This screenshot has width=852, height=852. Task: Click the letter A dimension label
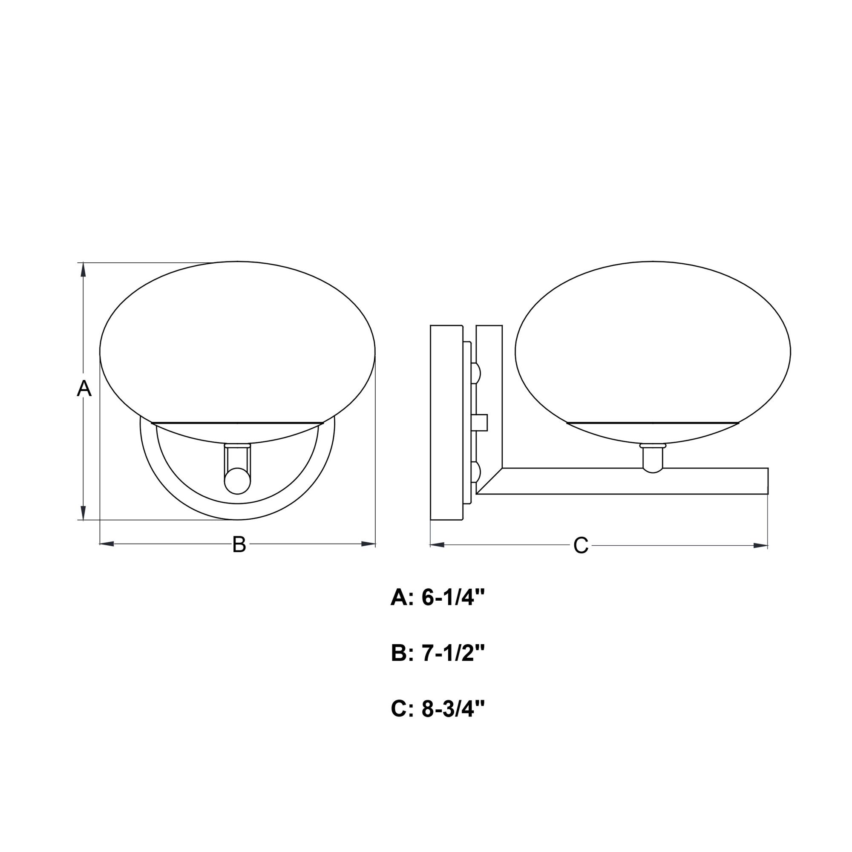pos(84,389)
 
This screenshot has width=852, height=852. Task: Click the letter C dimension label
pos(581,546)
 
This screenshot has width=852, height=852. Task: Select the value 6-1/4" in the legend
pos(453,598)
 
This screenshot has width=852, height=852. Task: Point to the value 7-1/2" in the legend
pos(453,653)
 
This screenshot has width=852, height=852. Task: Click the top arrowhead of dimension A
pos(83,270)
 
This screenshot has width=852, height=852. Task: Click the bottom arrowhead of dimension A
pos(83,513)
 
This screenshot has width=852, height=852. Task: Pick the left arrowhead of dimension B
pos(107,544)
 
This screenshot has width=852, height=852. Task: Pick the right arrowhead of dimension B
pos(368,544)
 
